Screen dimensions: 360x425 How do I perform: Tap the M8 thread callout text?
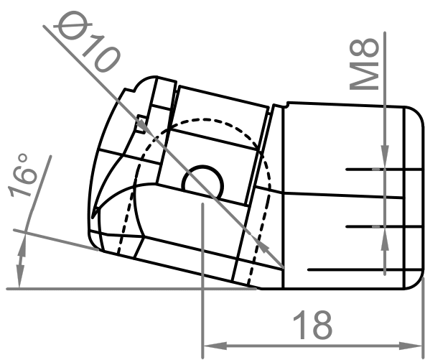pyautogui.click(x=368, y=64)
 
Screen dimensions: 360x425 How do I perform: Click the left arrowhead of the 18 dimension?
pyautogui.click(x=212, y=343)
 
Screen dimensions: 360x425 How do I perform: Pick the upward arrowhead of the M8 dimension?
pyautogui.click(x=386, y=237)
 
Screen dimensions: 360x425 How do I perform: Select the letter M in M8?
pyautogui.click(x=368, y=76)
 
